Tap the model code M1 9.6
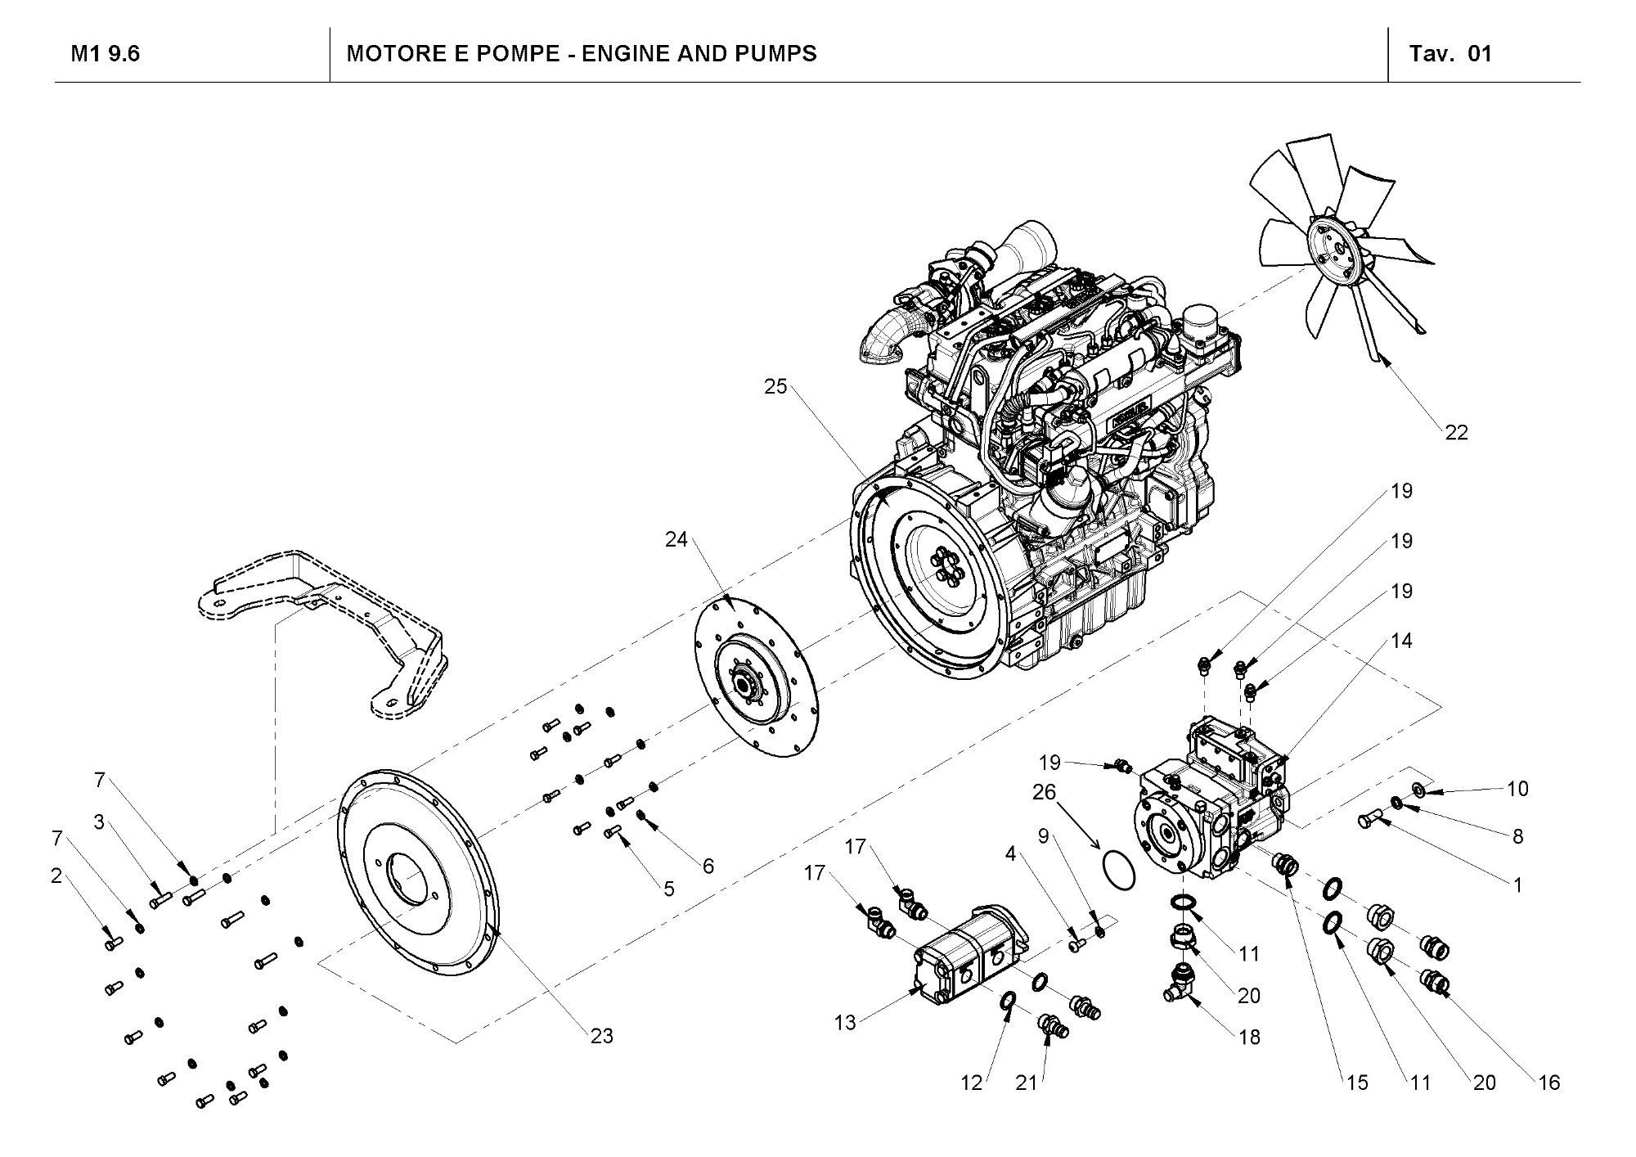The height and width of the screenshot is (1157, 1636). click(106, 54)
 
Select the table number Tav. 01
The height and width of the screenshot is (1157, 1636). click(1450, 54)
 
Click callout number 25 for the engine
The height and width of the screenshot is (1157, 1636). click(775, 386)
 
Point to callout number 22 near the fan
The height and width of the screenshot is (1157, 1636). click(1456, 432)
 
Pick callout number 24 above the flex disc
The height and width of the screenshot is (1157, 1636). click(676, 539)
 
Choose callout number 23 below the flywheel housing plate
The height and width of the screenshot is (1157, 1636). click(601, 1036)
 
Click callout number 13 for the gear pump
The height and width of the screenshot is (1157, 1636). click(845, 1022)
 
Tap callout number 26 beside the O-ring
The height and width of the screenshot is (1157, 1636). click(1044, 792)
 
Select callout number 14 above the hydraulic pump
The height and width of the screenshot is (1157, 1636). click(1401, 641)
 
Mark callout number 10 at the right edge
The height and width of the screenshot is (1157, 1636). click(1517, 789)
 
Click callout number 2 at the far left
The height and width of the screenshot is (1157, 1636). click(56, 876)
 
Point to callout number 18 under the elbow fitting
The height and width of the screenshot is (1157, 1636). click(1249, 1037)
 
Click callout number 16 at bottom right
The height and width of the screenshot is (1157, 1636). click(1548, 1083)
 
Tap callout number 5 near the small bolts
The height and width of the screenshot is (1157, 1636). click(669, 889)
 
